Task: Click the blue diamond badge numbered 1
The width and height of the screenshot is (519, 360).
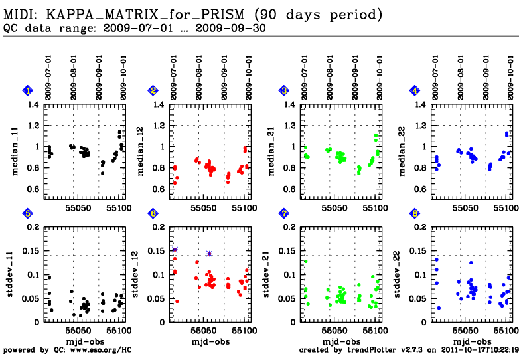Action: tap(27, 90)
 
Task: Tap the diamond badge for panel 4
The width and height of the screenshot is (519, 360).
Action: tap(415, 90)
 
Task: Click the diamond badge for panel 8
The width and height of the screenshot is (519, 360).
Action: tap(415, 213)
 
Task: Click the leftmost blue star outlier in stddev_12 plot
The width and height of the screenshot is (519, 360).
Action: tap(175, 250)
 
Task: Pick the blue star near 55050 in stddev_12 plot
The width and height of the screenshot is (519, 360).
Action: tap(209, 254)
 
